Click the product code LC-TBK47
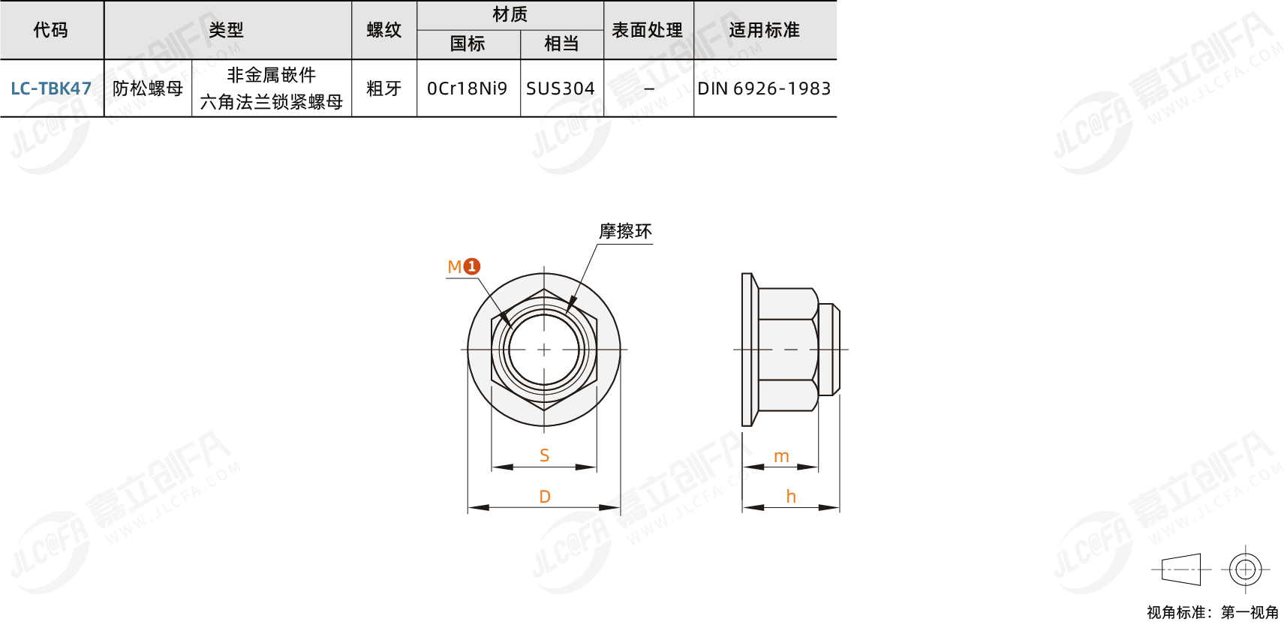[51, 89]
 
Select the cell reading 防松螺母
[148, 89]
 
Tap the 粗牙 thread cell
[384, 89]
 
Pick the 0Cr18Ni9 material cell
[468, 89]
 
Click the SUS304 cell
[561, 89]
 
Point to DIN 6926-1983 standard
[764, 89]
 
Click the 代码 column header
[51, 30]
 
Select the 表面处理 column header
[648, 30]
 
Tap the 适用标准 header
[764, 30]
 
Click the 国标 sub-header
[468, 44]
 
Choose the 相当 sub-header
[561, 44]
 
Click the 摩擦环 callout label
[625, 231]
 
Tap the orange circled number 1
[471, 266]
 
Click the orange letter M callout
[454, 267]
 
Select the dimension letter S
[545, 455]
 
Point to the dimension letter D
[545, 497]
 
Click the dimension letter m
[781, 456]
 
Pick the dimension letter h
[791, 497]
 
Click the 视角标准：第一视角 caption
[1212, 612]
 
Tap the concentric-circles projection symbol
[1245, 569]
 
